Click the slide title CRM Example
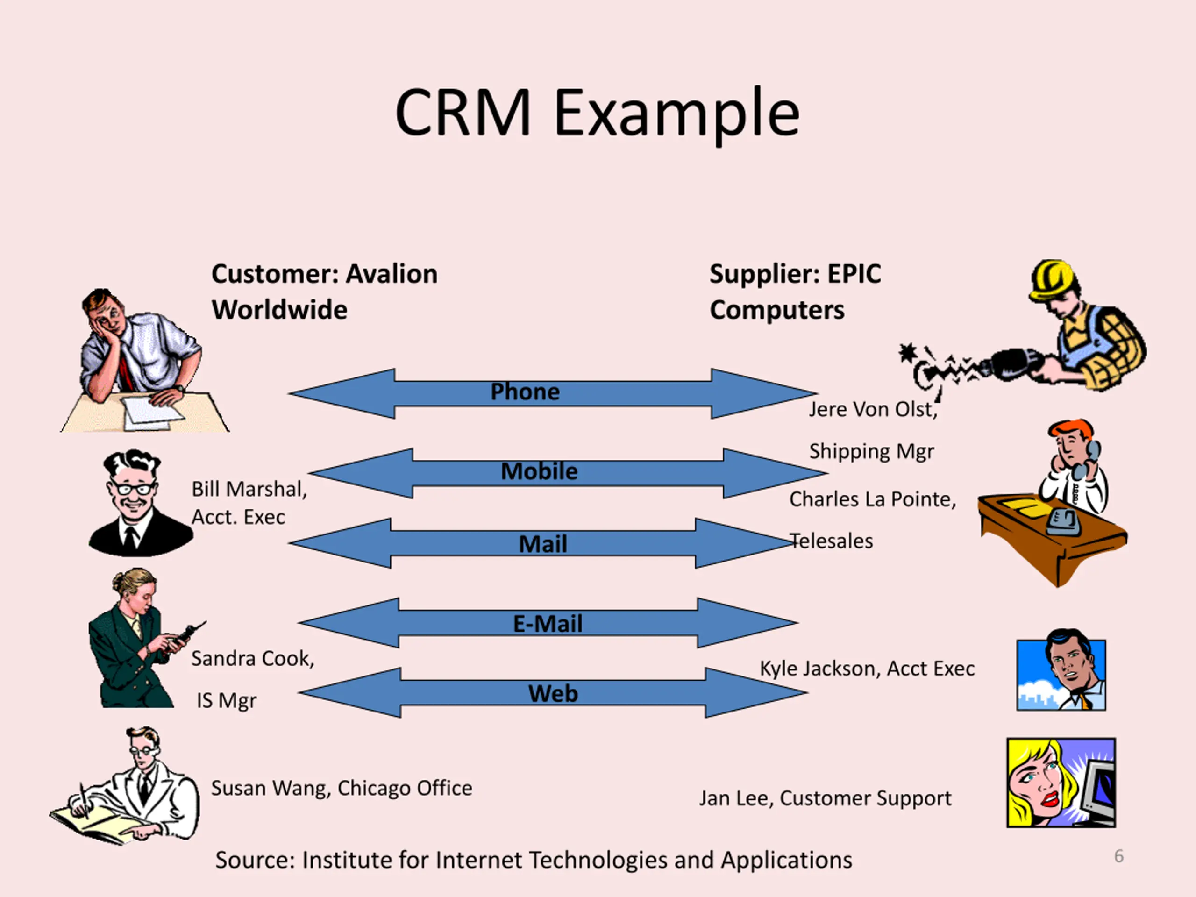pos(597,114)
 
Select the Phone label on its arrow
pos(525,392)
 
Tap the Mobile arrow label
pos(539,471)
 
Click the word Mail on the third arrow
pos(543,544)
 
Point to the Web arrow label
pos(553,694)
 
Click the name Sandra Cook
pos(252,659)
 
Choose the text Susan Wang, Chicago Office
pos(341,788)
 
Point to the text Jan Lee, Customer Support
pos(825,798)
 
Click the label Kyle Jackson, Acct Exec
pos(867,669)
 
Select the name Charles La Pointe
pos(872,499)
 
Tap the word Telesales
pos(832,541)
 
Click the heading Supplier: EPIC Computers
pos(795,292)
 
